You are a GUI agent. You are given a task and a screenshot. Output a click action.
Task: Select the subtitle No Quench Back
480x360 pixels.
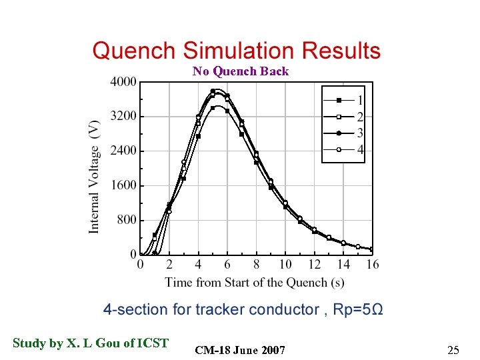(241, 71)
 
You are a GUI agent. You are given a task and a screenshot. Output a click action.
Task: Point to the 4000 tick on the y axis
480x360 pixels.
(123, 82)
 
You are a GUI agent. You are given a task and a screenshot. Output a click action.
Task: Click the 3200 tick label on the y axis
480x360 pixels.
(123, 116)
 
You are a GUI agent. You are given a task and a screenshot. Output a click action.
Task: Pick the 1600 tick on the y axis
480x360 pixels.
(123, 185)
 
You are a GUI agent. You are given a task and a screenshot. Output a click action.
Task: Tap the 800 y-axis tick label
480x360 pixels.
(126, 220)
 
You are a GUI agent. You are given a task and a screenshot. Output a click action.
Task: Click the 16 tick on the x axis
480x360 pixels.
(373, 265)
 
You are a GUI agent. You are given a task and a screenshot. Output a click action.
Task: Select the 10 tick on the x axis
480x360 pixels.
(285, 265)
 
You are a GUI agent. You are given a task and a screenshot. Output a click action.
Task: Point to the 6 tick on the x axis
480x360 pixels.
(227, 265)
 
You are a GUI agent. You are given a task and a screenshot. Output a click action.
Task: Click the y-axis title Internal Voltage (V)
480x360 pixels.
(95, 176)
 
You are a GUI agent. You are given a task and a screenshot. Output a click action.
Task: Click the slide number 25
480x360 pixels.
(453, 350)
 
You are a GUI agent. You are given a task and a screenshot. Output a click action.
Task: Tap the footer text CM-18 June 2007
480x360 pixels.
(240, 350)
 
